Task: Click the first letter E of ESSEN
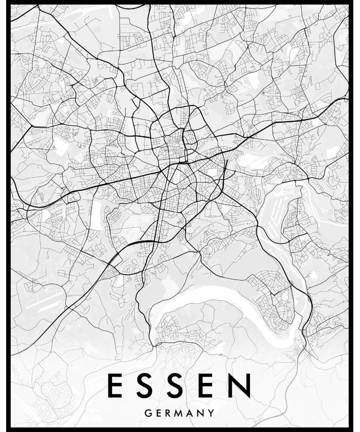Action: [115, 386]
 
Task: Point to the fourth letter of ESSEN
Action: [209, 386]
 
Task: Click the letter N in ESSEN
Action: [241, 386]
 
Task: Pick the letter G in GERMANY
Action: [147, 414]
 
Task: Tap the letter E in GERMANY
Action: [159, 414]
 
